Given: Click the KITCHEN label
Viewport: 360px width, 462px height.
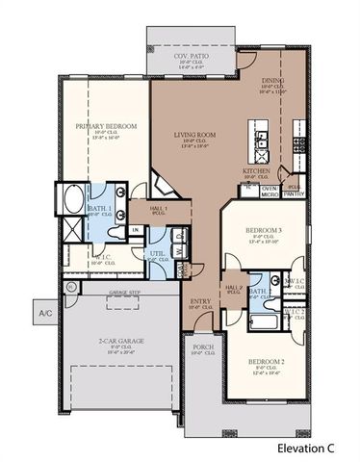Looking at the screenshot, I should point(256,170).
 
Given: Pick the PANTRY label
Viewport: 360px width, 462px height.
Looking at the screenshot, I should point(294,193).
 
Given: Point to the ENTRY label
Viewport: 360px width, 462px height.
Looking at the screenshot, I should point(199,301).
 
